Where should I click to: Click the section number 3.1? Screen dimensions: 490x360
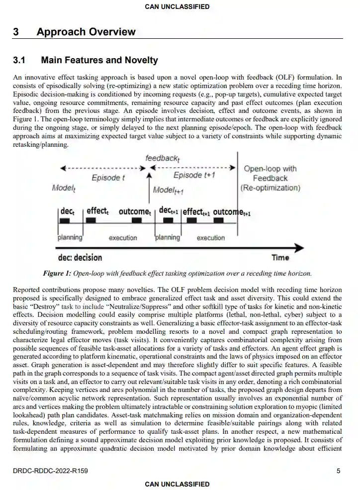(x=19, y=60)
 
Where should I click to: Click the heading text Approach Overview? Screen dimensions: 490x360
(x=86, y=32)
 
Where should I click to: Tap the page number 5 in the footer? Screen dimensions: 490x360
(x=338, y=471)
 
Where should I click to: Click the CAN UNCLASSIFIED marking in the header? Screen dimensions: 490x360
(x=177, y=6)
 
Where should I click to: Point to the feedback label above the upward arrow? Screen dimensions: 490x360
(x=162, y=158)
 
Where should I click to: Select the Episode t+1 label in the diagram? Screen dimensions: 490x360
(x=194, y=176)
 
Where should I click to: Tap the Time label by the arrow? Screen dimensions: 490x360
(x=280, y=257)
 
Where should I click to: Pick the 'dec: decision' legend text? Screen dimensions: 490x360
(x=80, y=257)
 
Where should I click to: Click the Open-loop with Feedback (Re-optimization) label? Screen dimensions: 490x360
(x=270, y=178)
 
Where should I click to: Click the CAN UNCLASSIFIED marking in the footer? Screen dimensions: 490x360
(x=177, y=484)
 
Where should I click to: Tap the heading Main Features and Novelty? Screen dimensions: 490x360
(x=99, y=60)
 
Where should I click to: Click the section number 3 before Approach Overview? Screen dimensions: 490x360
(x=16, y=32)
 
